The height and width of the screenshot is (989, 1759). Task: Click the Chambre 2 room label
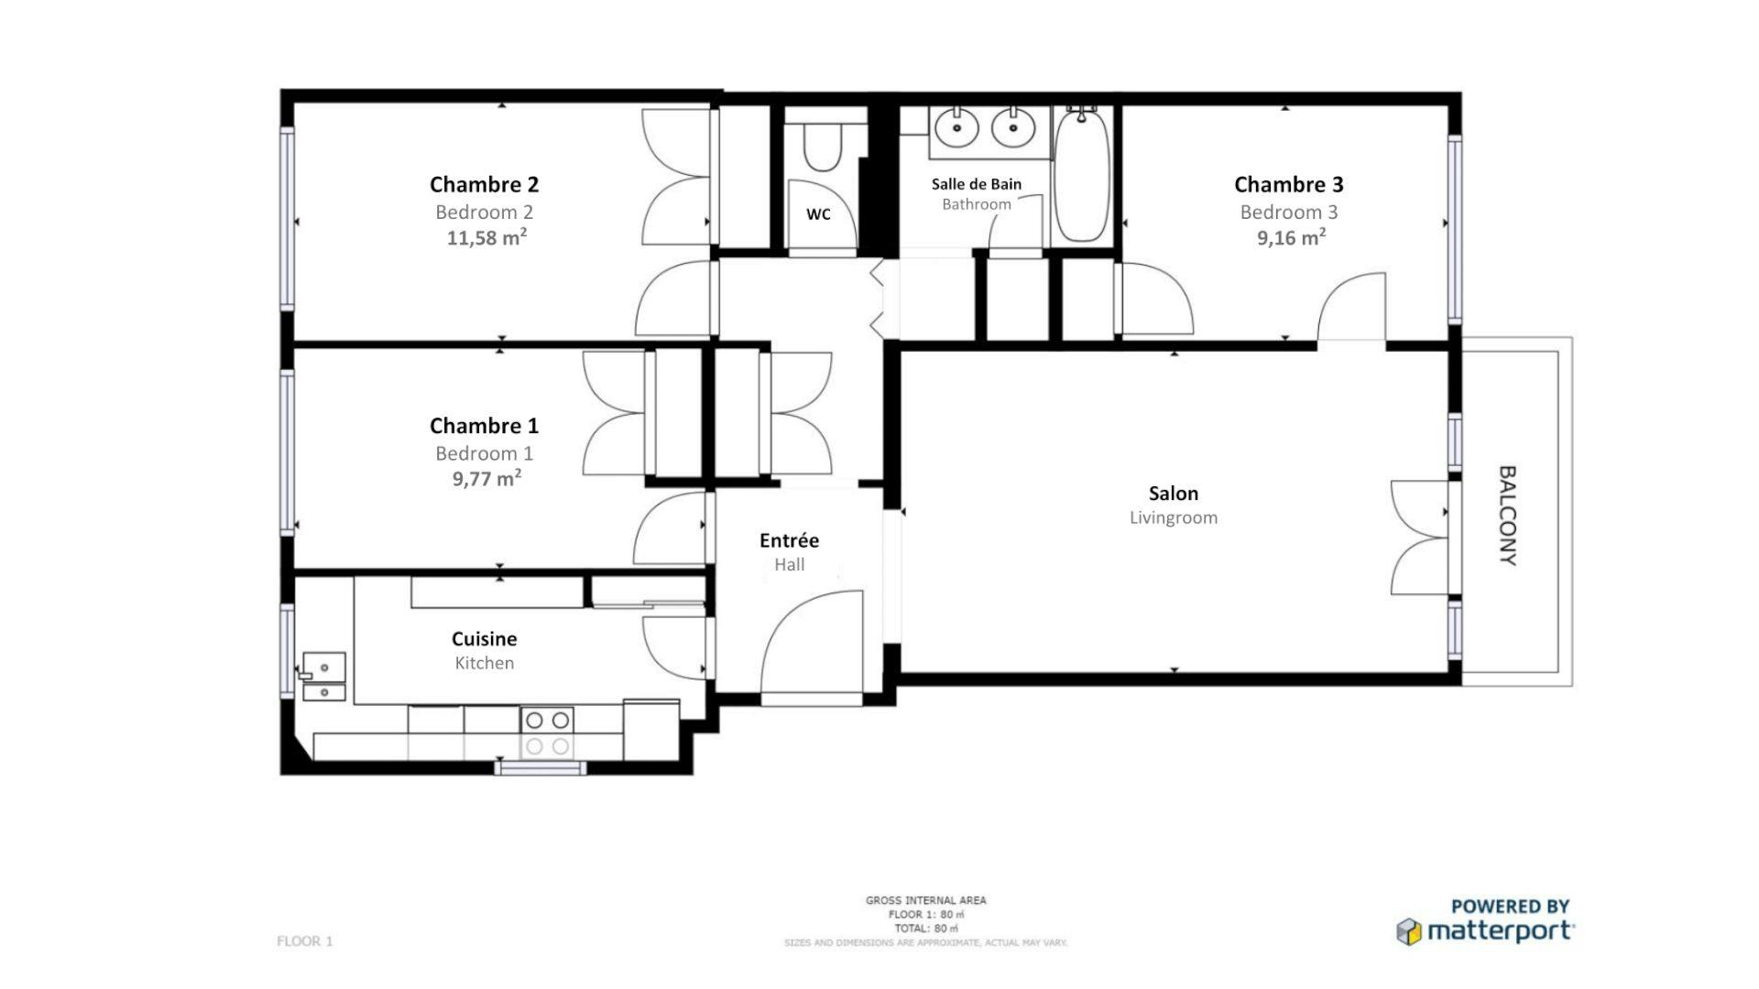(x=484, y=184)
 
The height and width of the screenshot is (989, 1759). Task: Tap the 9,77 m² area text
(x=486, y=478)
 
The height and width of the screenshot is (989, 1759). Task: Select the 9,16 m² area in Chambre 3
(x=1290, y=238)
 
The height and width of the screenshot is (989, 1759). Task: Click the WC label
(x=818, y=214)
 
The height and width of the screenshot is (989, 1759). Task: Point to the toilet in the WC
(x=822, y=147)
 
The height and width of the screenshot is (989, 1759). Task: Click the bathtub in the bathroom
(x=1081, y=176)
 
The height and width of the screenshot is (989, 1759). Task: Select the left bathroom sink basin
(x=958, y=127)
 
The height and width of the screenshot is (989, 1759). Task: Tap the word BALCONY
(x=1508, y=516)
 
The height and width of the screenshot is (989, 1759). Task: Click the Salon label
(x=1173, y=494)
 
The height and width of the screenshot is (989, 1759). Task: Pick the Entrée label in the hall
(x=789, y=540)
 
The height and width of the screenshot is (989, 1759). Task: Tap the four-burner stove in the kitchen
(x=547, y=733)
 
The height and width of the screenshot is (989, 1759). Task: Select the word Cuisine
(x=484, y=638)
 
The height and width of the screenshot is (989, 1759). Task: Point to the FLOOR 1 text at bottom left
(x=304, y=941)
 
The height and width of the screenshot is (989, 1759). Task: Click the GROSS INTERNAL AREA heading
(x=925, y=900)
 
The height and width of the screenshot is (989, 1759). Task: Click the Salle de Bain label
(x=976, y=184)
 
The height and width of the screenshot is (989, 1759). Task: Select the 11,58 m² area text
(x=486, y=238)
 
